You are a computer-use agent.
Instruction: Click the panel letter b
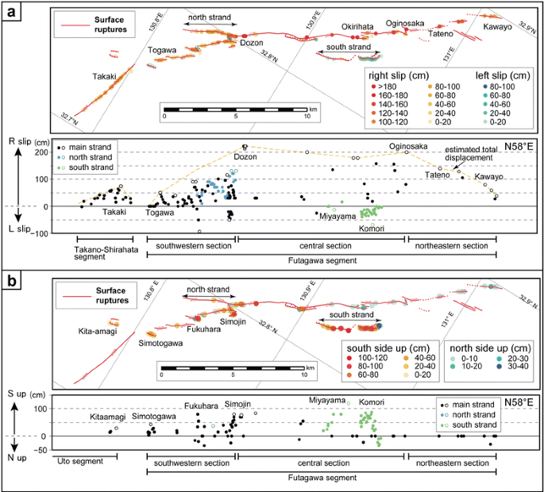(x=13, y=281)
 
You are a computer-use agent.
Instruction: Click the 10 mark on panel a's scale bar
(x=307, y=115)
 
